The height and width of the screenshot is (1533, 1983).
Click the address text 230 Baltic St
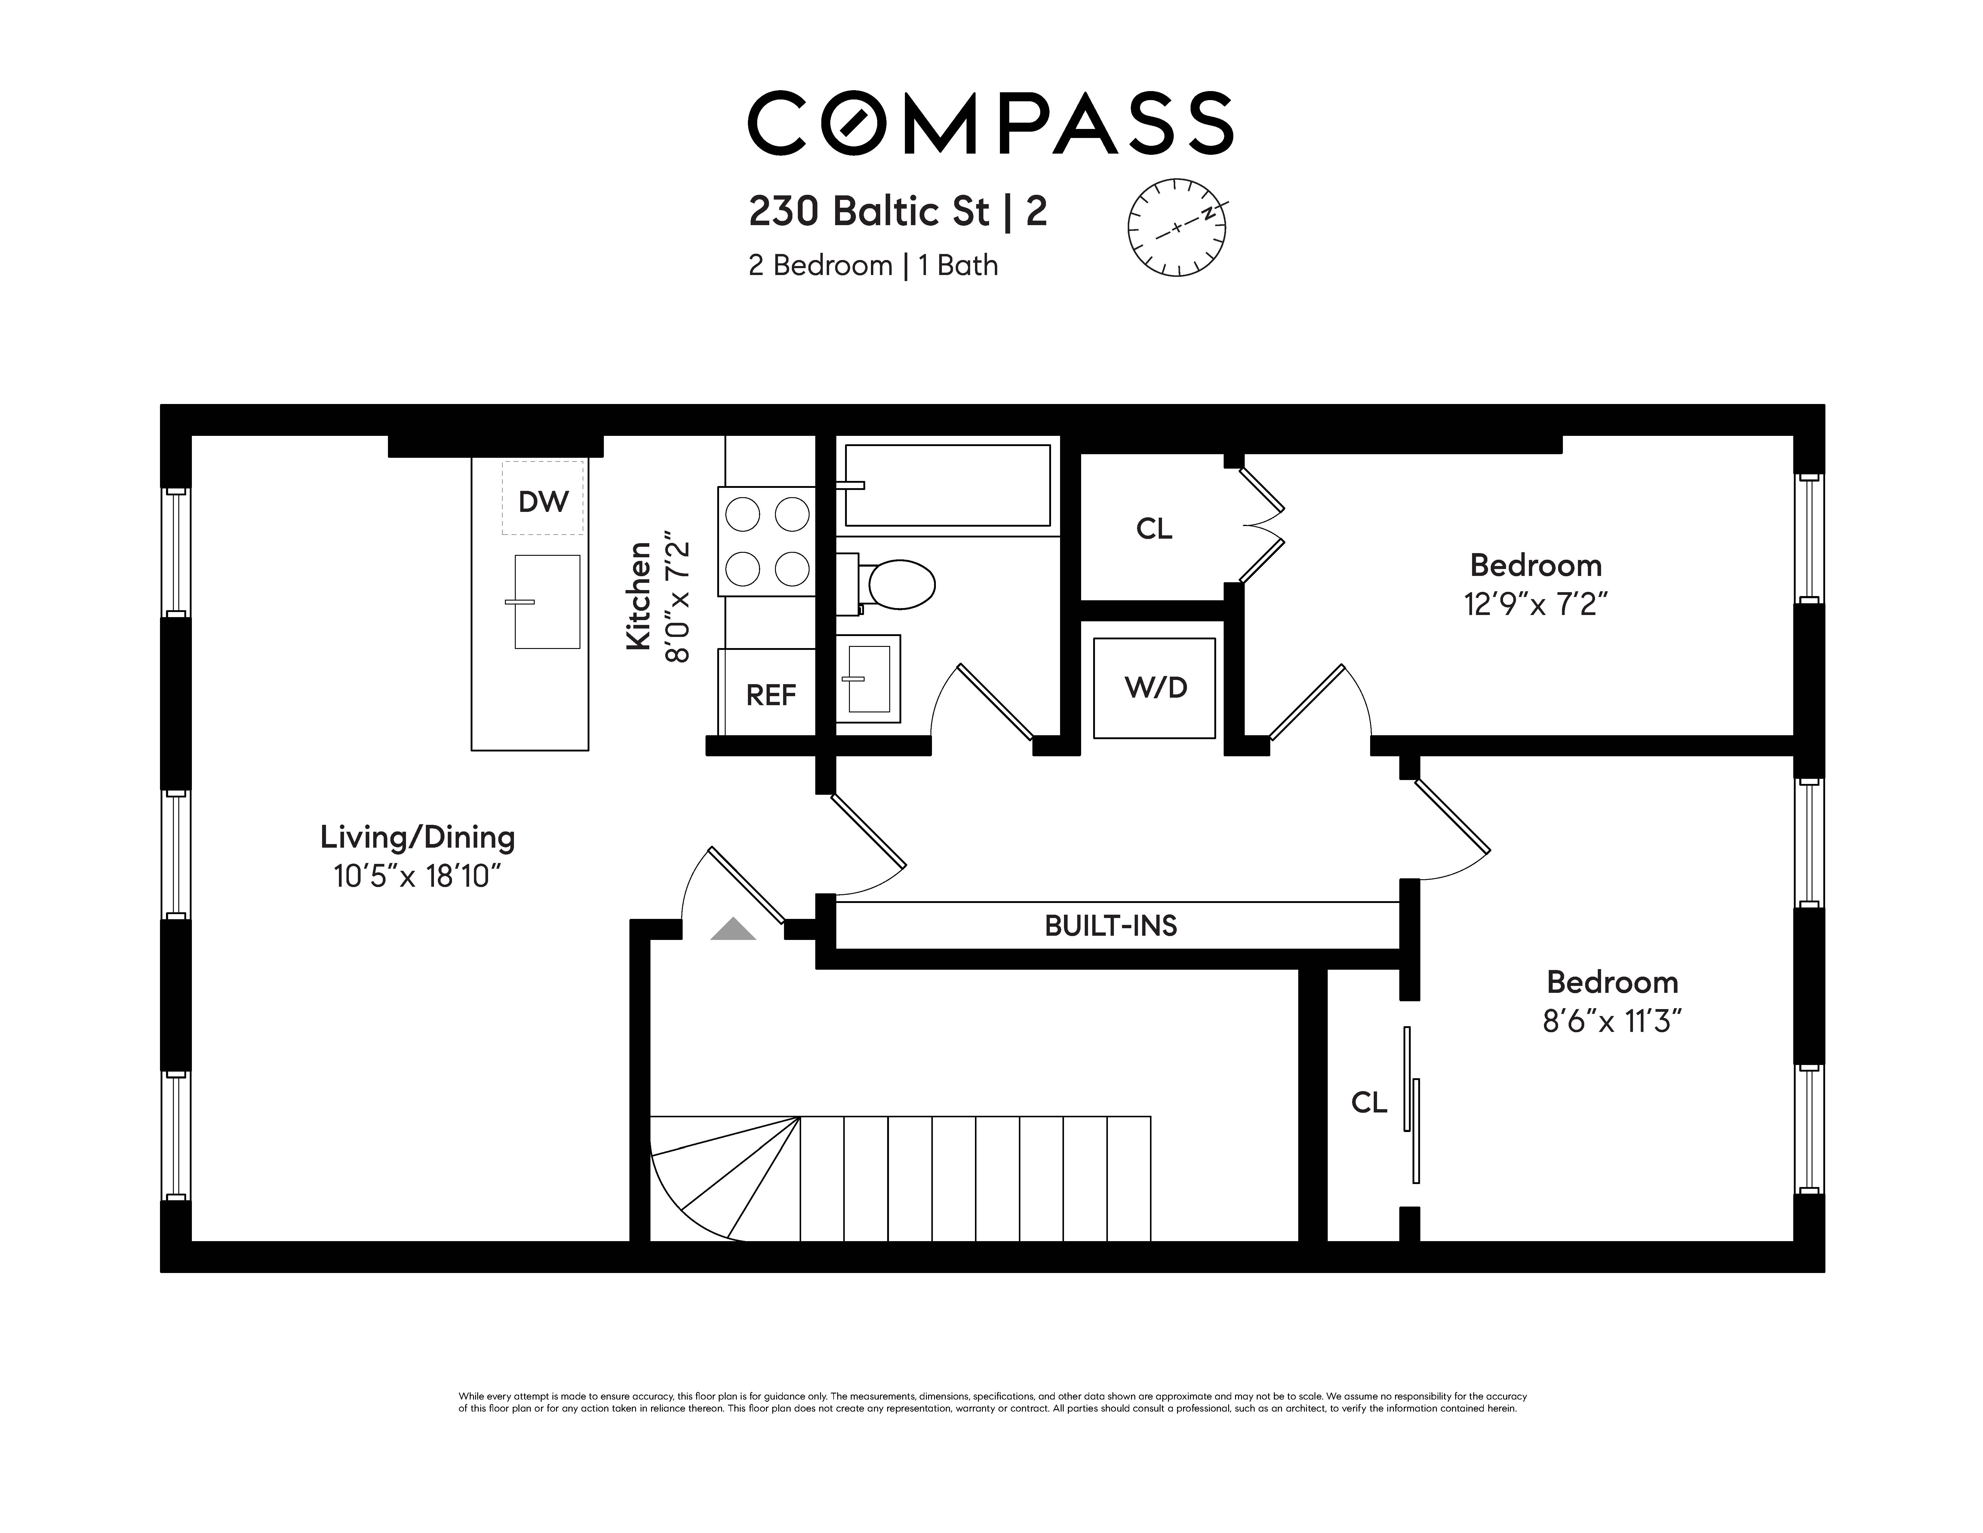(869, 212)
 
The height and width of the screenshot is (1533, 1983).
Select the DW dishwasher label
(543, 501)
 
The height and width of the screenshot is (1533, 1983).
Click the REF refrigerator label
(771, 695)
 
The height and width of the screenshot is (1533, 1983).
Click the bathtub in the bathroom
(947, 485)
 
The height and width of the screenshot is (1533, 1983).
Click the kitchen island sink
(547, 602)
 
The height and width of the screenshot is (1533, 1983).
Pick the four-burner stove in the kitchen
(767, 542)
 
